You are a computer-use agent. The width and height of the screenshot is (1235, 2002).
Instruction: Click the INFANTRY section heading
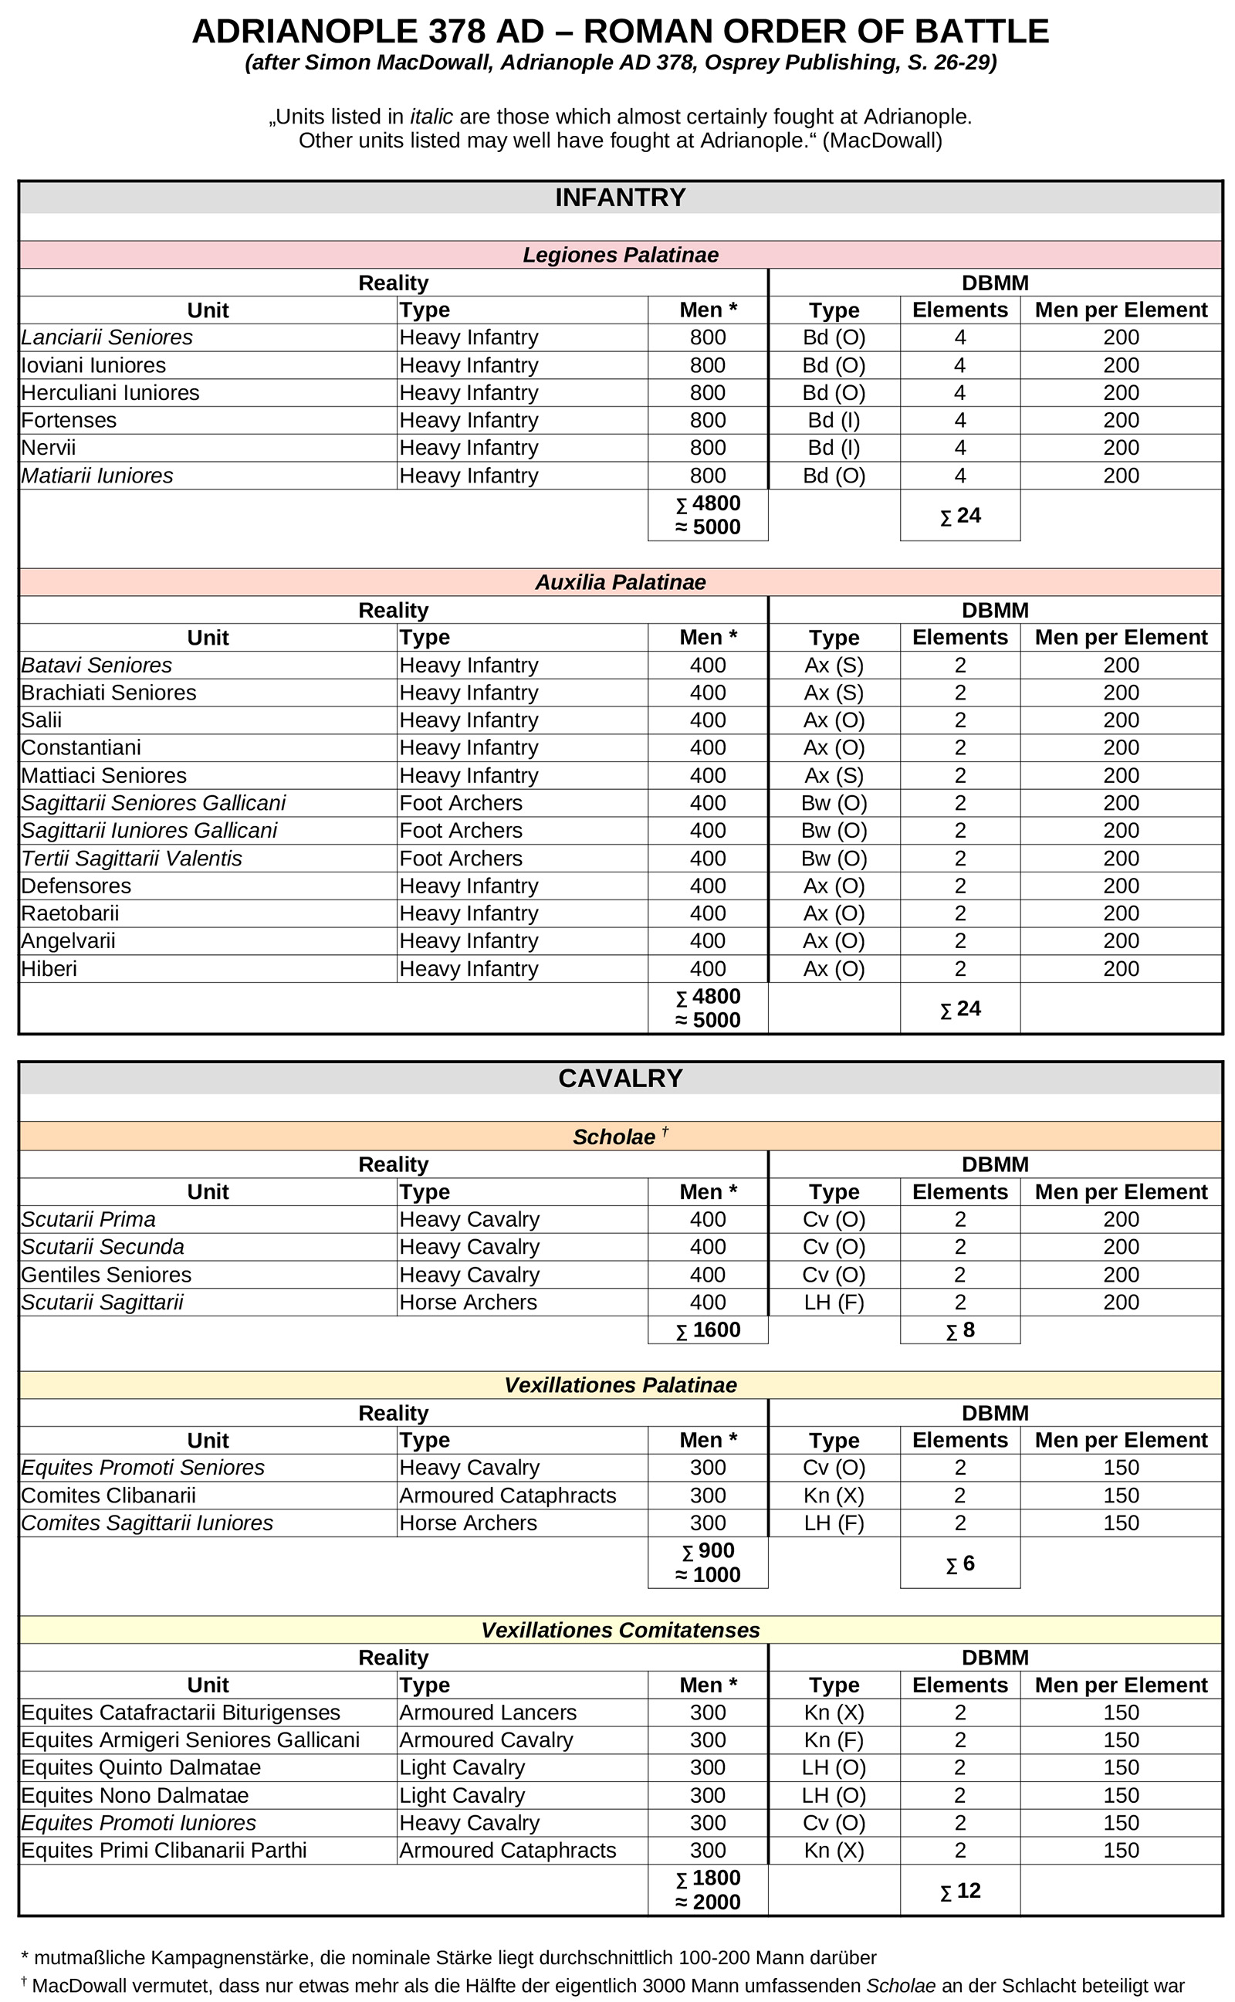point(620,198)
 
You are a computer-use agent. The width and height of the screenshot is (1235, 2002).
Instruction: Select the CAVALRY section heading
point(620,1078)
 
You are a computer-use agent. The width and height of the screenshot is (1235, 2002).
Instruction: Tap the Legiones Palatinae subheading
point(620,255)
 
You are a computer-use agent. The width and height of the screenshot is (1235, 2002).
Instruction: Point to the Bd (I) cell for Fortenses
point(833,420)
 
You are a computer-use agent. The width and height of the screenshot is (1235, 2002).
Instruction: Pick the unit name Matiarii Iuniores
point(97,476)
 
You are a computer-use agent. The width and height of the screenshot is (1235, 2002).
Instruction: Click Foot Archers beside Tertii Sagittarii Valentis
point(461,859)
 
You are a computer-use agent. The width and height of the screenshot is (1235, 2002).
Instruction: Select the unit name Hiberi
point(49,969)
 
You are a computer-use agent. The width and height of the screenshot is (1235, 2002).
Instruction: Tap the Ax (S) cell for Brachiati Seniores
point(833,693)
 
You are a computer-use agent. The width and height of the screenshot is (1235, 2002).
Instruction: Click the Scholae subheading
point(614,1137)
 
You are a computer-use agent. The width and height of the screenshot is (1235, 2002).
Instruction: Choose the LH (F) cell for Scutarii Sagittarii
point(833,1302)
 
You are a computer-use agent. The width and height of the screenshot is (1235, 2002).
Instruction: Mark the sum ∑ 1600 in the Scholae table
point(707,1330)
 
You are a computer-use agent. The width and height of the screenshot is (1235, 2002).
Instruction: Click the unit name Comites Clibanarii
point(109,1495)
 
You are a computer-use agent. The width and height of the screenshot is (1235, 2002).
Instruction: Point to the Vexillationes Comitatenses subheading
point(620,1630)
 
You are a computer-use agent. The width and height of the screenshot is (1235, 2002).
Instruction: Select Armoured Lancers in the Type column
point(488,1712)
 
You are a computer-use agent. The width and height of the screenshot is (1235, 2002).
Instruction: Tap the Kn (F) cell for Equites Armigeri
point(833,1739)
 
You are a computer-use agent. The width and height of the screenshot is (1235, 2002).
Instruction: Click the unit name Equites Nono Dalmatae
point(135,1795)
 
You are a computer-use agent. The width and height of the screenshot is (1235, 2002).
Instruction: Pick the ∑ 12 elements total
point(959,1890)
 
